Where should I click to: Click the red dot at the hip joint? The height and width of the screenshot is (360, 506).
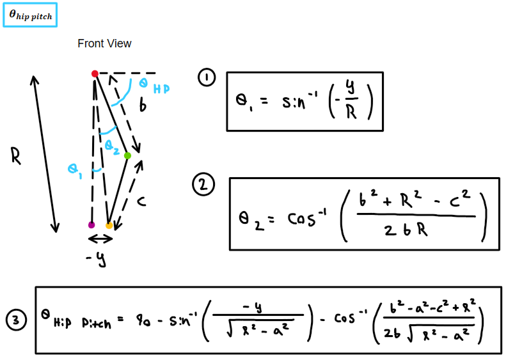click(x=95, y=74)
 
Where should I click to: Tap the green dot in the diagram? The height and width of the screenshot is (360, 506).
click(x=127, y=155)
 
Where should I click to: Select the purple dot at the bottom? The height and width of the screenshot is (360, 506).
click(x=91, y=225)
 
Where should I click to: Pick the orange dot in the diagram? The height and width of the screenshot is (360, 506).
click(x=109, y=226)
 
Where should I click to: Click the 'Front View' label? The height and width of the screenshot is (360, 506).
click(x=104, y=43)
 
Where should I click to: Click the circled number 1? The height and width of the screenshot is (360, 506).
click(x=207, y=79)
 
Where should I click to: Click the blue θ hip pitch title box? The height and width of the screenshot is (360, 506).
click(x=30, y=15)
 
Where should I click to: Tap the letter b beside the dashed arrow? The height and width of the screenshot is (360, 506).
click(x=143, y=106)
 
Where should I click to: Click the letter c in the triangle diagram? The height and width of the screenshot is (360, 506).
click(x=141, y=202)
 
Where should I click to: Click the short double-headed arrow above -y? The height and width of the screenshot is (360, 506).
click(x=100, y=239)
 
